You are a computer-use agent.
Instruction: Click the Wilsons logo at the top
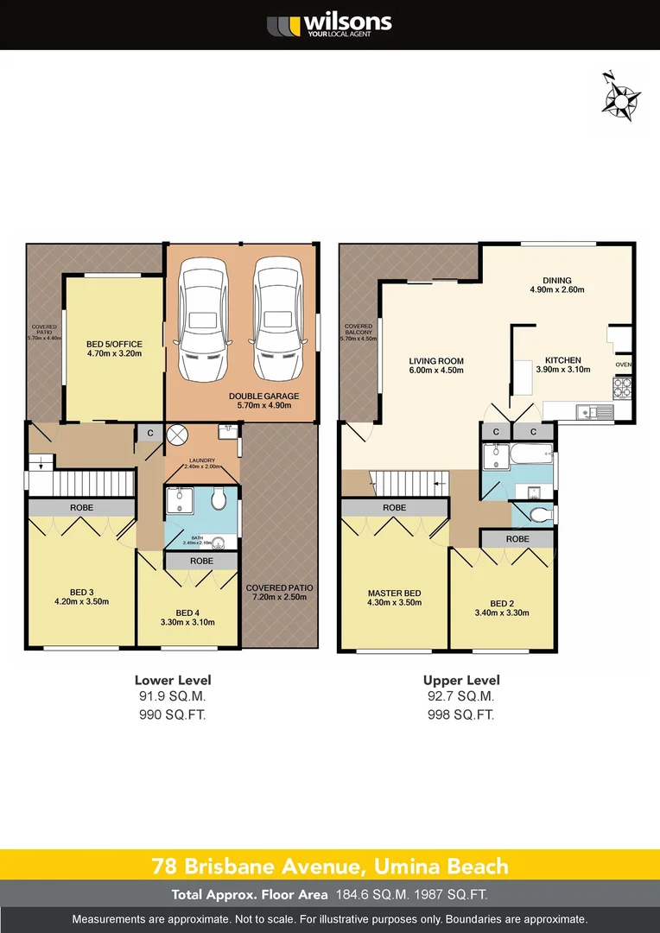pyautogui.click(x=329, y=25)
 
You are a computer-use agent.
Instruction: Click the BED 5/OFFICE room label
pyautogui.click(x=114, y=348)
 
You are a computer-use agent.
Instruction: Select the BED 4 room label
pyautogui.click(x=188, y=617)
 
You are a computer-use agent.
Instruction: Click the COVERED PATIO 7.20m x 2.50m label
pyautogui.click(x=279, y=593)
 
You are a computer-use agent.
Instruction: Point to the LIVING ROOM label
pyautogui.click(x=436, y=365)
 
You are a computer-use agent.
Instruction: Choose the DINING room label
pyautogui.click(x=557, y=285)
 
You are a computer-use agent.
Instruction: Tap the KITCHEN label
pyautogui.click(x=562, y=365)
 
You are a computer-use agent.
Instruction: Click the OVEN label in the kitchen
pyautogui.click(x=623, y=365)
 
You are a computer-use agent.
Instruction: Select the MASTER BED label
pyautogui.click(x=394, y=598)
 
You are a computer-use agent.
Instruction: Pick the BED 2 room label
pyautogui.click(x=501, y=608)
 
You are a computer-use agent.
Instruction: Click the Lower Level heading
pyautogui.click(x=173, y=680)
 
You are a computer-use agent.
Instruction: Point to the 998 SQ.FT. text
pyautogui.click(x=461, y=714)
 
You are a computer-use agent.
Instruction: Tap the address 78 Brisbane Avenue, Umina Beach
pyautogui.click(x=330, y=866)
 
